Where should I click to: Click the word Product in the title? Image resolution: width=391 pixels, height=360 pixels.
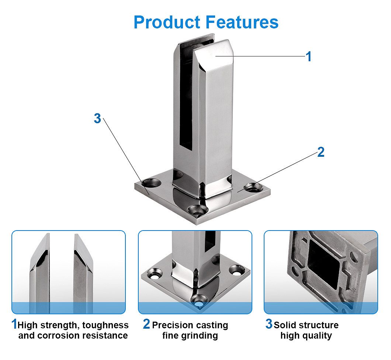(x=167, y=22)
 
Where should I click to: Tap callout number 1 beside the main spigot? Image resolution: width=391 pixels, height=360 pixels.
(x=308, y=56)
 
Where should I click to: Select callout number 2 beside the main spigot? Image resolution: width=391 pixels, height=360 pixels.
(x=321, y=152)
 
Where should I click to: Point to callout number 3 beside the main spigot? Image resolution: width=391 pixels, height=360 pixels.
(x=97, y=118)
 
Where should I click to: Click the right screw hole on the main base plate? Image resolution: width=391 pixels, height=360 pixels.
(x=255, y=187)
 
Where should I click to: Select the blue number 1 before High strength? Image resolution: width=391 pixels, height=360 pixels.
(x=14, y=324)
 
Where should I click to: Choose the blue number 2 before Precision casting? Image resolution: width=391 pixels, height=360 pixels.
(x=146, y=324)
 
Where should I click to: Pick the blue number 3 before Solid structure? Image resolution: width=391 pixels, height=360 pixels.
(x=269, y=324)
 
